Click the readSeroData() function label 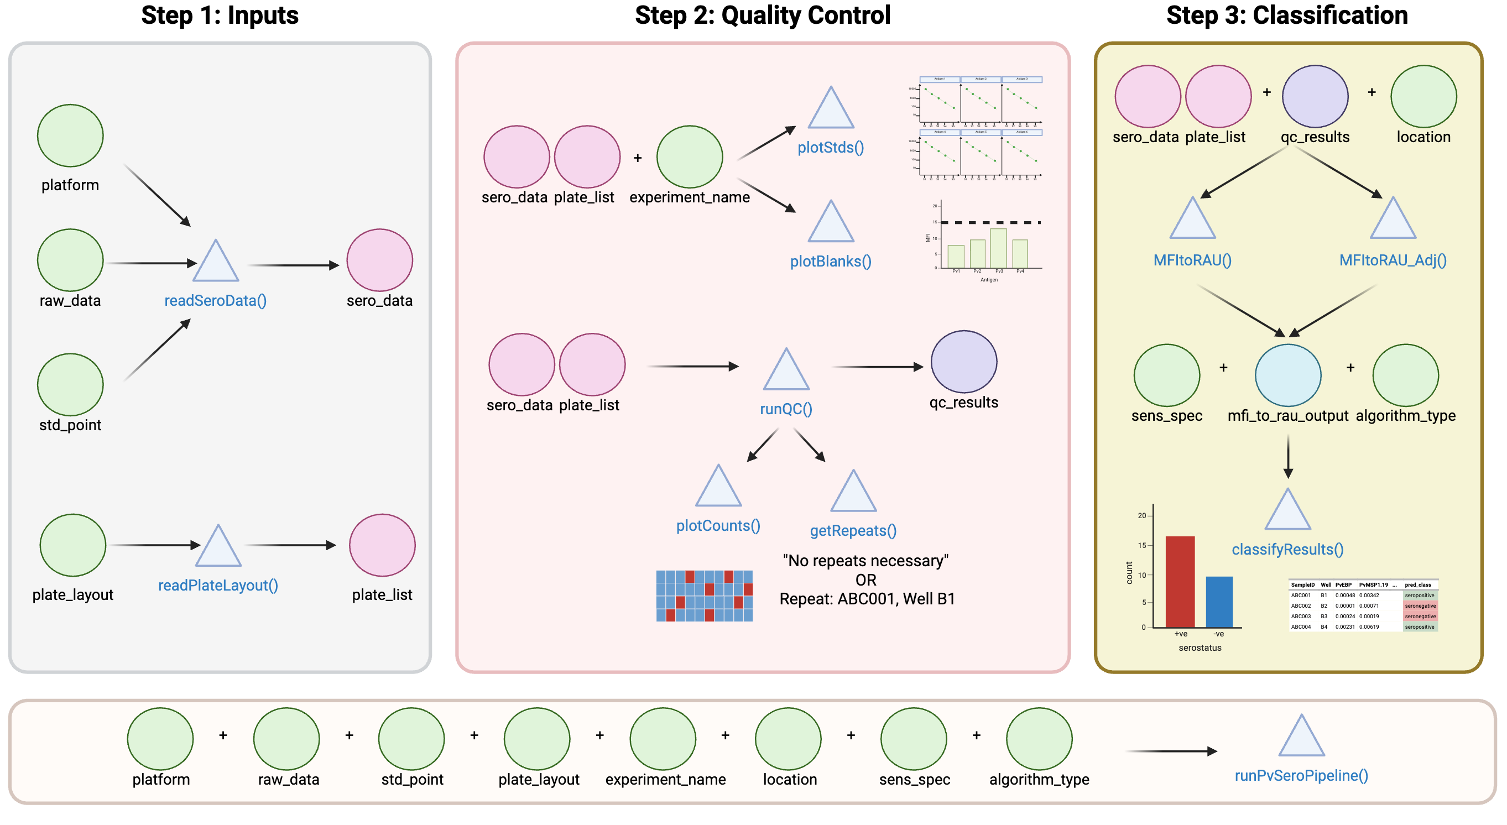[215, 301]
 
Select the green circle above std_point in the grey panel [70, 384]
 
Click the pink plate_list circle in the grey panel [382, 545]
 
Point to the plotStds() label [831, 148]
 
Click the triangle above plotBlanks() [831, 224]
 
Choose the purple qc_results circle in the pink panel [963, 362]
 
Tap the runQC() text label [786, 409]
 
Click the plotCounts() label [718, 526]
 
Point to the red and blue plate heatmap [705, 596]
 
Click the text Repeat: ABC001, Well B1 [867, 599]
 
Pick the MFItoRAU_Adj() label [1393, 260]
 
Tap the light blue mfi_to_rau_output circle [1287, 375]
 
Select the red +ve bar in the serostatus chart [1180, 582]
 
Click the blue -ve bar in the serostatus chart [1219, 602]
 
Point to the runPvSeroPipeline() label [1301, 776]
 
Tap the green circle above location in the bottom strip [788, 738]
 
